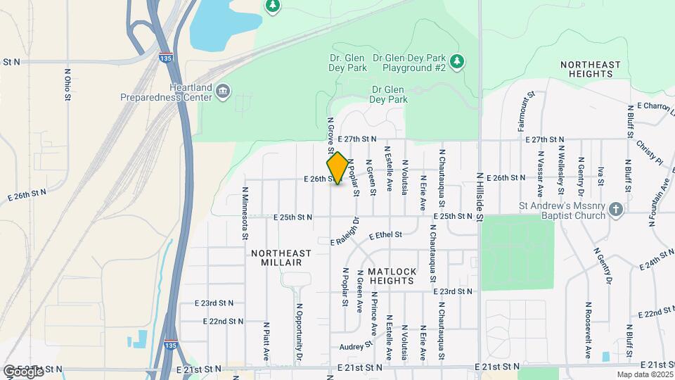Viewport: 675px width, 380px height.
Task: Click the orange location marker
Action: [x=337, y=168]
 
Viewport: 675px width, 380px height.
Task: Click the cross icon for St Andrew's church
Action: [x=615, y=209]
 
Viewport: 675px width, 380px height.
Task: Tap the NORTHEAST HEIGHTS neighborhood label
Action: [x=591, y=69]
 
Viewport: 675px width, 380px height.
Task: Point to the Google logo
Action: [x=23, y=372]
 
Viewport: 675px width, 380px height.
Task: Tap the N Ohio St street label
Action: [x=67, y=84]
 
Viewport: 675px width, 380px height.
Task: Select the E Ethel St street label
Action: [x=382, y=235]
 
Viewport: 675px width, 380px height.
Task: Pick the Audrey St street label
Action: [x=355, y=346]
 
